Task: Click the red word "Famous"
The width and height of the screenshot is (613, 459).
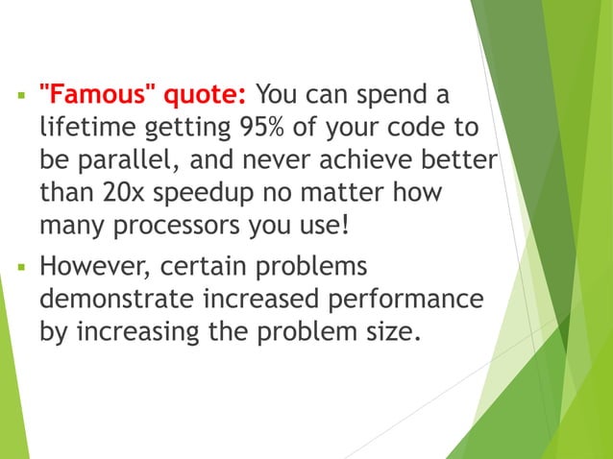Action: pos(95,95)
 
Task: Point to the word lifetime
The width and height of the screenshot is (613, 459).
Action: pos(85,129)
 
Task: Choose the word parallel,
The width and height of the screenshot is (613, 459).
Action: pos(145,161)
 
